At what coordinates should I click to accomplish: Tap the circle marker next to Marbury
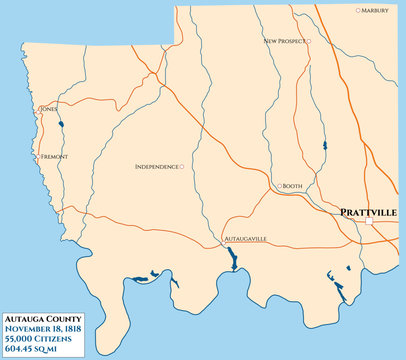point(359,10)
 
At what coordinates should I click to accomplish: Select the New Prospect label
point(283,41)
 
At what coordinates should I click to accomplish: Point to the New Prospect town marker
point(309,41)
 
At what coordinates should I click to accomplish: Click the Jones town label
point(48,108)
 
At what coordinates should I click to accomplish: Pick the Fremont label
point(53,157)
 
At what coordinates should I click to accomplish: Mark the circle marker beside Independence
point(181,166)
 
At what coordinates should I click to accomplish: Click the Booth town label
point(293,186)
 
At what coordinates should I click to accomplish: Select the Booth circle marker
point(279,186)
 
